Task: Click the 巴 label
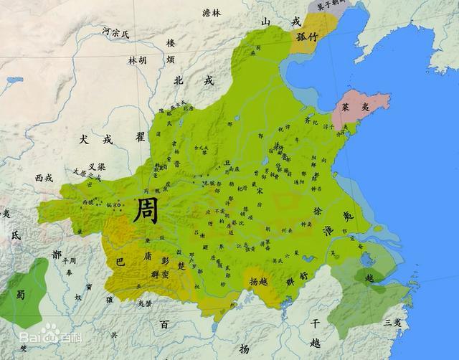click(x=120, y=262)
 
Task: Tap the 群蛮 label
click(x=158, y=275)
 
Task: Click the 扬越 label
click(x=257, y=282)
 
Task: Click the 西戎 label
click(x=44, y=177)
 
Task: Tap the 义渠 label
click(x=96, y=166)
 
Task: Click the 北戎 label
click(x=194, y=81)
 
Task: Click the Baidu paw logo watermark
click(x=49, y=331)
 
